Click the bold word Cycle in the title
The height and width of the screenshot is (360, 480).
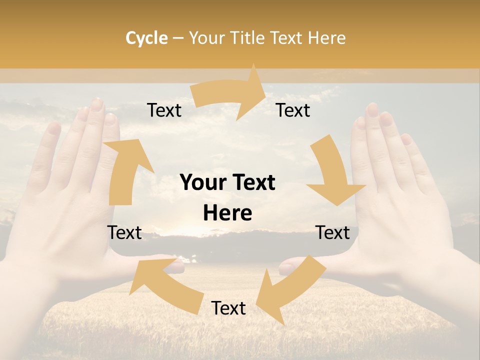(146, 38)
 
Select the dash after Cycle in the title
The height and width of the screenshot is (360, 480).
(178, 38)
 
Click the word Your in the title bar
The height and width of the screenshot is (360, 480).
(205, 38)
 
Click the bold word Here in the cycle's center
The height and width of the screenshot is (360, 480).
(227, 213)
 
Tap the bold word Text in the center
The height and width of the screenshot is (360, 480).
(252, 183)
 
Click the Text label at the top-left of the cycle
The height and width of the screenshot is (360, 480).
(164, 110)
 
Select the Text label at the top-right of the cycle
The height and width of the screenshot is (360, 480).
(293, 110)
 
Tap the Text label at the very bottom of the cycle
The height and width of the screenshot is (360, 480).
(228, 308)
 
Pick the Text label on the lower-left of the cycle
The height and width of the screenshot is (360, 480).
(124, 232)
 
